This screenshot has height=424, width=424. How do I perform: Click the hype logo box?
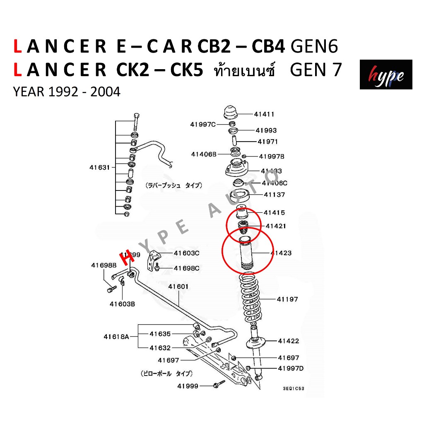(385, 75)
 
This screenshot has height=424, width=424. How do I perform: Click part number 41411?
(264, 114)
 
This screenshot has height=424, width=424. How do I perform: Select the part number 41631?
(100, 168)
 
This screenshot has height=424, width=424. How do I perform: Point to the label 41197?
(287, 299)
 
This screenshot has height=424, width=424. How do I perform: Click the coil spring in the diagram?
(250, 299)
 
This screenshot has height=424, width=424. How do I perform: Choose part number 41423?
(281, 253)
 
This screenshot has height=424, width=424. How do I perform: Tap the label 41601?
(178, 287)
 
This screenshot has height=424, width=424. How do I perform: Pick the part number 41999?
(188, 386)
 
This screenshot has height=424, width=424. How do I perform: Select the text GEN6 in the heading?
(315, 47)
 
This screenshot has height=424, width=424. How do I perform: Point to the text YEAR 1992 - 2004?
(67, 92)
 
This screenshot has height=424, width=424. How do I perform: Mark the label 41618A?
(118, 337)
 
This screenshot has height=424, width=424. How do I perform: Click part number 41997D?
(291, 369)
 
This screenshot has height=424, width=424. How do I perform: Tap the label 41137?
(275, 195)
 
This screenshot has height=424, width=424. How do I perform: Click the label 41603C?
(186, 253)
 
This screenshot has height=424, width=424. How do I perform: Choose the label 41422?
(288, 341)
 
